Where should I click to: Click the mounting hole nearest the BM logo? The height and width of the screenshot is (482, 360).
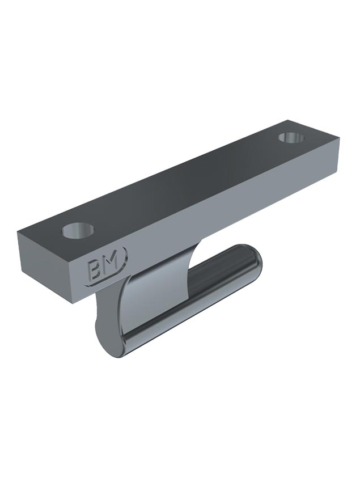pyautogui.click(x=78, y=230)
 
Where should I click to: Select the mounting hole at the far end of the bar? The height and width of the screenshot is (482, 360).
pyautogui.click(x=291, y=137)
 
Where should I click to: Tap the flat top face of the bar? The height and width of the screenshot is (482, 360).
pyautogui.click(x=181, y=181)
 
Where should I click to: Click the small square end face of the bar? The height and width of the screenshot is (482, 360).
pyautogui.click(x=48, y=267)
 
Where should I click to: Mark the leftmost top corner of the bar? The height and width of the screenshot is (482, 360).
pyautogui.click(x=18, y=231)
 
